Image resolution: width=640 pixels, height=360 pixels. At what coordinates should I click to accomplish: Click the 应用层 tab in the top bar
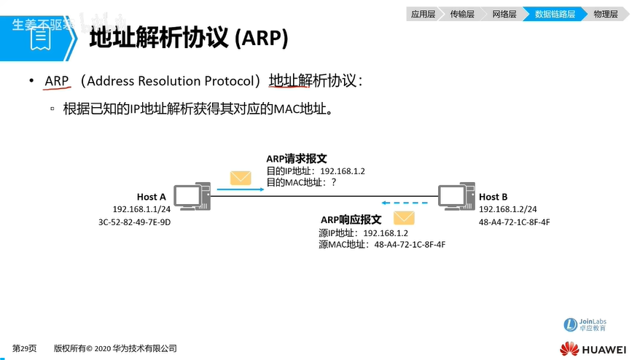(x=423, y=14)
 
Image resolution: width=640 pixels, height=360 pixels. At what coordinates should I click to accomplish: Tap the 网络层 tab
(x=504, y=14)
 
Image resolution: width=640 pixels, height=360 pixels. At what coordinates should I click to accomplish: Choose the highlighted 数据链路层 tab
(x=554, y=14)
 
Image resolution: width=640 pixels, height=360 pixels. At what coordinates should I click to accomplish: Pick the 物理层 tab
(x=605, y=14)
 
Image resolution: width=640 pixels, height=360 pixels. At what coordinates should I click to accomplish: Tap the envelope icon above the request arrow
(x=241, y=177)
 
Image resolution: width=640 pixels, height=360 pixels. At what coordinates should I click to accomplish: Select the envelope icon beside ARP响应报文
(x=404, y=218)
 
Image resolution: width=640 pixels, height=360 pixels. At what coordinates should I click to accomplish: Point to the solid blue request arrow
(x=241, y=189)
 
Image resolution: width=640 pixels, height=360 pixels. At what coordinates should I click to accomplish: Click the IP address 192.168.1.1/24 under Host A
(x=140, y=209)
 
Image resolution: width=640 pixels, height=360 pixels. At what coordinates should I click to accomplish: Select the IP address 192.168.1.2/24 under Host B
(x=507, y=209)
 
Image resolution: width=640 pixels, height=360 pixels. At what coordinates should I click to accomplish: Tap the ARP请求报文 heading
(x=296, y=158)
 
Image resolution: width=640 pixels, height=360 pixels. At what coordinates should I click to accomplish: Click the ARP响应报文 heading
(x=351, y=219)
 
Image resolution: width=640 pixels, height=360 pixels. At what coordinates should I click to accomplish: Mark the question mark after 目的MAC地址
(x=334, y=183)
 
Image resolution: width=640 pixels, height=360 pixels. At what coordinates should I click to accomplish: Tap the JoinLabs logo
(x=586, y=325)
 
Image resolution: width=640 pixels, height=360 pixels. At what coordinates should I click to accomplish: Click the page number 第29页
(x=24, y=348)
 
